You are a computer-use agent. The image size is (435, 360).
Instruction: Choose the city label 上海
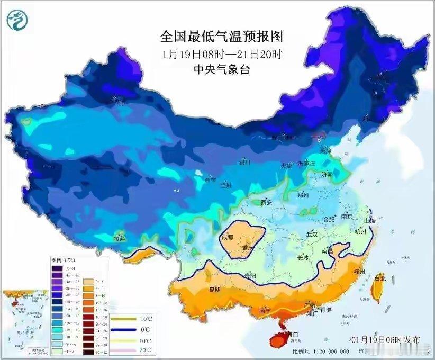[x=369, y=220]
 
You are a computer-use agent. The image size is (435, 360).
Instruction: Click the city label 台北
[x=380, y=277]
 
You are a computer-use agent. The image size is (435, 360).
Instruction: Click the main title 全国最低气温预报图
[x=222, y=37]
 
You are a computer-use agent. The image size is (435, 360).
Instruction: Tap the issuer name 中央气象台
[x=222, y=69]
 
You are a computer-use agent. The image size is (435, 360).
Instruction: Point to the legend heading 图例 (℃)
[x=63, y=261]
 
